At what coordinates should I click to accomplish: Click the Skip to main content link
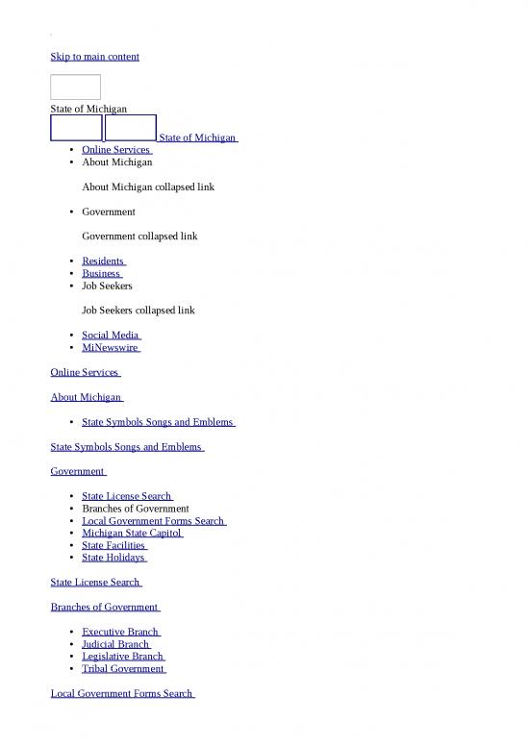94,57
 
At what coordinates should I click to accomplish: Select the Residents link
103,261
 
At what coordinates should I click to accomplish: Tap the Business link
102,273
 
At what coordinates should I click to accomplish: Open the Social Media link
112,336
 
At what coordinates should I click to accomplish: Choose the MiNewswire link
111,348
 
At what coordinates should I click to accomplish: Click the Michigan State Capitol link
132,533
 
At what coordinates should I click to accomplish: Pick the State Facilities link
113,545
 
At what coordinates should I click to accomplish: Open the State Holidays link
113,558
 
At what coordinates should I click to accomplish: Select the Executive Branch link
120,632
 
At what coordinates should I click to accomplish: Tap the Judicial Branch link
115,644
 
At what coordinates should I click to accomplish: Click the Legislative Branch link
123,657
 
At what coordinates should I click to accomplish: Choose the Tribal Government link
123,669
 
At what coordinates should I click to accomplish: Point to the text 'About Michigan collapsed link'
148,187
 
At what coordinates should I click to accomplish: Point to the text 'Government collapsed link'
139,236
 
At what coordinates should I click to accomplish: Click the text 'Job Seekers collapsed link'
139,311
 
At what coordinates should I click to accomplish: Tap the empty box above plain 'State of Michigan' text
75,87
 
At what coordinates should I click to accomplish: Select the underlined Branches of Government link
104,608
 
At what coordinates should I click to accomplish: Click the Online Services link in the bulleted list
115,150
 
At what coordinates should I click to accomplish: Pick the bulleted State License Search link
126,496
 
